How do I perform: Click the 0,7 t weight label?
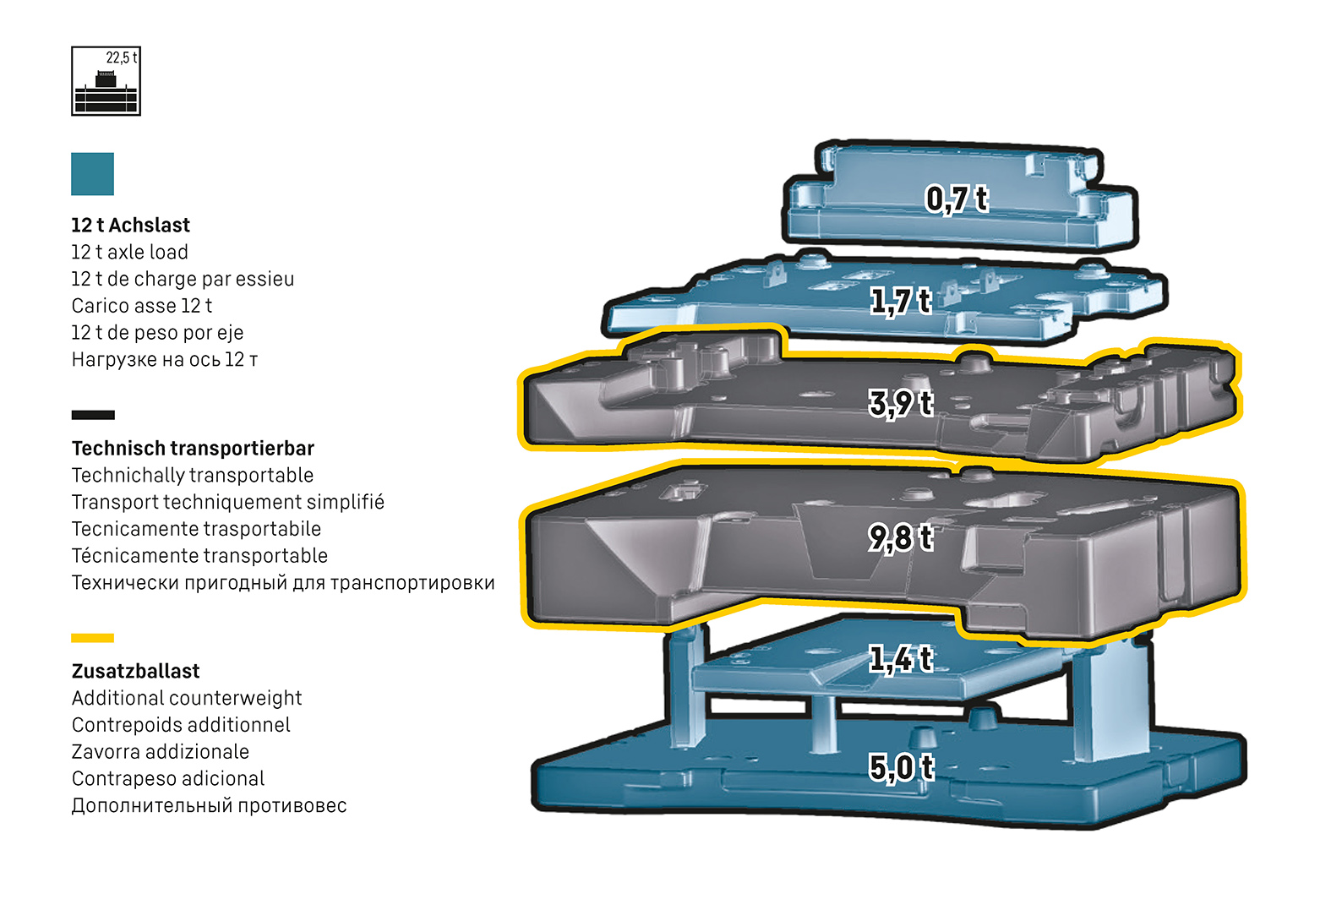[x=956, y=199]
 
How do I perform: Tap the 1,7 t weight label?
[x=901, y=301]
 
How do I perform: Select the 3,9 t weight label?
[x=901, y=403]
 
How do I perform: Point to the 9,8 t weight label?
[x=901, y=537]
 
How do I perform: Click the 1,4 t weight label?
[x=901, y=659]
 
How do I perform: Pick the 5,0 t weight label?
[x=901, y=767]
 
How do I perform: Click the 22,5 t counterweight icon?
[x=106, y=81]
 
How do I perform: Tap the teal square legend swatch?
[x=92, y=174]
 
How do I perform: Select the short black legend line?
[x=93, y=415]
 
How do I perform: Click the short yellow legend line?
[x=93, y=638]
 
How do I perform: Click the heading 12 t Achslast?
[x=131, y=226]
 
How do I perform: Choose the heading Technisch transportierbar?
[x=193, y=449]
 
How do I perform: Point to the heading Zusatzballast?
[x=136, y=672]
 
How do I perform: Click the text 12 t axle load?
[x=129, y=253]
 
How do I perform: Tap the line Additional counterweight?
[x=187, y=699]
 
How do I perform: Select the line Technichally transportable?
[x=193, y=476]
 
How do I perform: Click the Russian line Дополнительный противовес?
[x=209, y=806]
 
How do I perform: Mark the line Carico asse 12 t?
[x=142, y=306]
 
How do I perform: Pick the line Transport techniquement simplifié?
[x=228, y=503]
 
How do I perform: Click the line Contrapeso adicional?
[x=168, y=779]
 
